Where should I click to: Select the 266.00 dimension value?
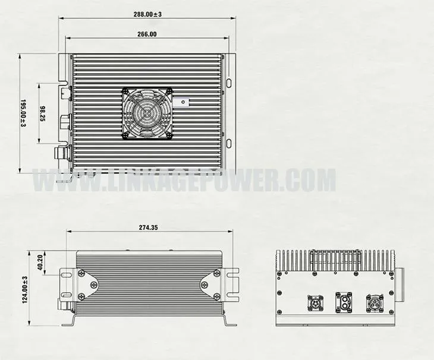146,34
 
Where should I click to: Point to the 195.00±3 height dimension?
24,113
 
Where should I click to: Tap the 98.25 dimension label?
43,113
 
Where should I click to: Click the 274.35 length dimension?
148,228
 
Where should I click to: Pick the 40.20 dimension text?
41,261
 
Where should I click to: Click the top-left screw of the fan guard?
126,91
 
